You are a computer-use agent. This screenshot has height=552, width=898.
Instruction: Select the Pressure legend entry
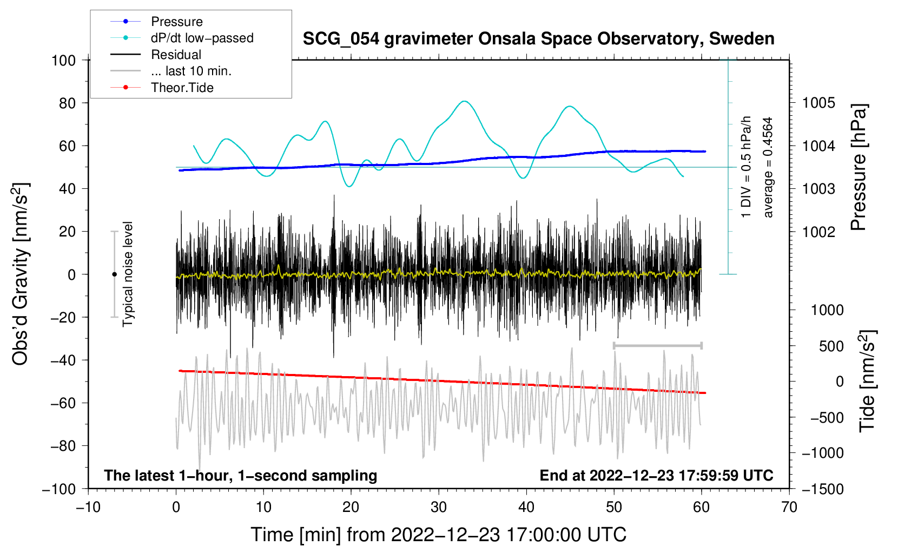pos(156,21)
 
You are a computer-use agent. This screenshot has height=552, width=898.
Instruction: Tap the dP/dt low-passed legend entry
pos(182,38)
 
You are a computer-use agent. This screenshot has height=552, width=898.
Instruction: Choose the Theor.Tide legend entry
pos(162,88)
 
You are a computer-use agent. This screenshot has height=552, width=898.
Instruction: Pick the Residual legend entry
pos(156,55)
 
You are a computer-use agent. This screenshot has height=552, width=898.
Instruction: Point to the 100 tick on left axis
pos(64,61)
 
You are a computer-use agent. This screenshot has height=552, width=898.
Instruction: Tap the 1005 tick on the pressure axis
pos(818,103)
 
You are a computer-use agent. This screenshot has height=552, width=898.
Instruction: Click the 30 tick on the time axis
pos(439,508)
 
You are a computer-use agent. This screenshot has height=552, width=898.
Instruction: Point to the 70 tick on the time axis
pos(789,508)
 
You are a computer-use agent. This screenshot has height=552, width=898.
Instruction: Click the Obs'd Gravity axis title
pos(20,274)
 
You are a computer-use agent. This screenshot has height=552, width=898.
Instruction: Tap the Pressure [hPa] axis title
pos(859,167)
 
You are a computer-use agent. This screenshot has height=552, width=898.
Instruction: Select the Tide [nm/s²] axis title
pos(868,381)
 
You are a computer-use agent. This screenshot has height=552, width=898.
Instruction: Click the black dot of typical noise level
pos(114,274)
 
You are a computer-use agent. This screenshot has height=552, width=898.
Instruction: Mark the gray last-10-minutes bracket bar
pos(657,345)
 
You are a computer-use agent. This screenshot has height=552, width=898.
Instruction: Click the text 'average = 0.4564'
pos(768,167)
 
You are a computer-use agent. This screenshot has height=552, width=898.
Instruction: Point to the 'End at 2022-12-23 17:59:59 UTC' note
pos(656,475)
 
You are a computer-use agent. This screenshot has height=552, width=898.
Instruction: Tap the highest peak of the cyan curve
pos(464,101)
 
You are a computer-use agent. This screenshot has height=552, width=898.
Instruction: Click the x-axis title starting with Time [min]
pos(439,535)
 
